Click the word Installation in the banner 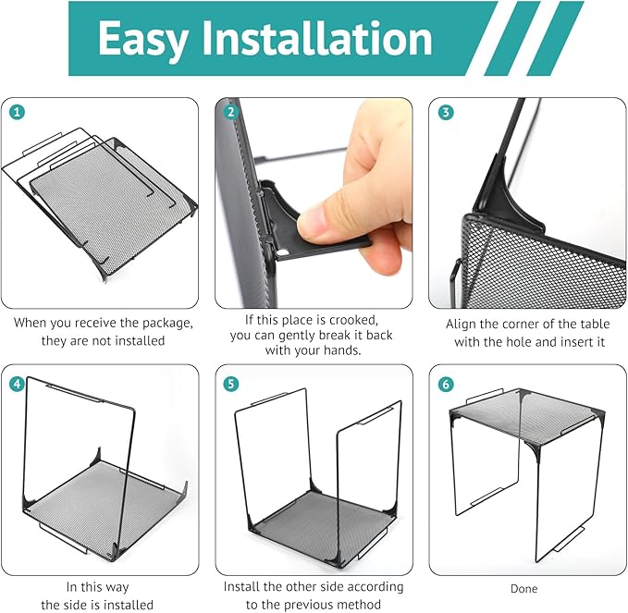pos(316,38)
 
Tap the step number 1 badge pos(17,112)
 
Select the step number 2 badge pos(230,112)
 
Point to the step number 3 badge pos(446,112)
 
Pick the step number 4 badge pos(17,384)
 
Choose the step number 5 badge pos(230,384)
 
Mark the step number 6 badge pos(446,384)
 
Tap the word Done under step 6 pos(523,589)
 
